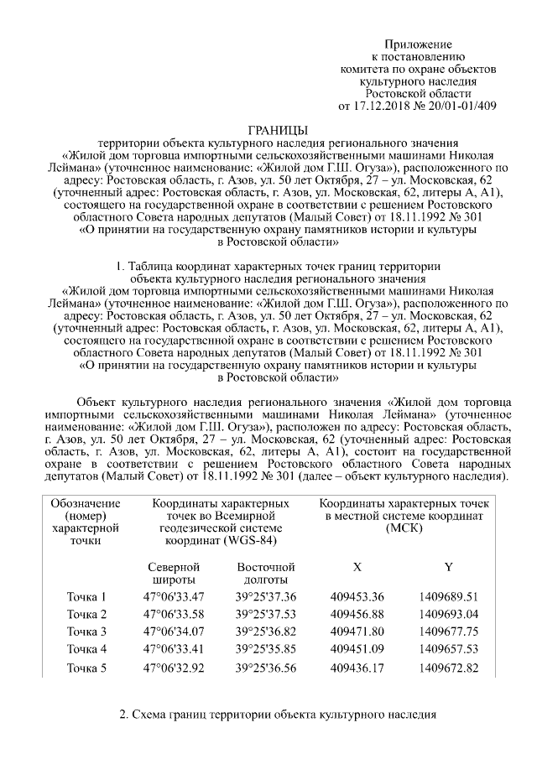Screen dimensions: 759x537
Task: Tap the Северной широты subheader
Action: tap(174, 573)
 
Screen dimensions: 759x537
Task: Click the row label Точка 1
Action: tap(86, 597)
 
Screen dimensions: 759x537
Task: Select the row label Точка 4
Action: tap(86, 649)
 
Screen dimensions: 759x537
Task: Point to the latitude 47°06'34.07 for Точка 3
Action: tap(174, 632)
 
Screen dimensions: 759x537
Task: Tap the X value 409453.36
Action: tap(357, 597)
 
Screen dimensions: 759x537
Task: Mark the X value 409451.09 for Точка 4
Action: tap(357, 649)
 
